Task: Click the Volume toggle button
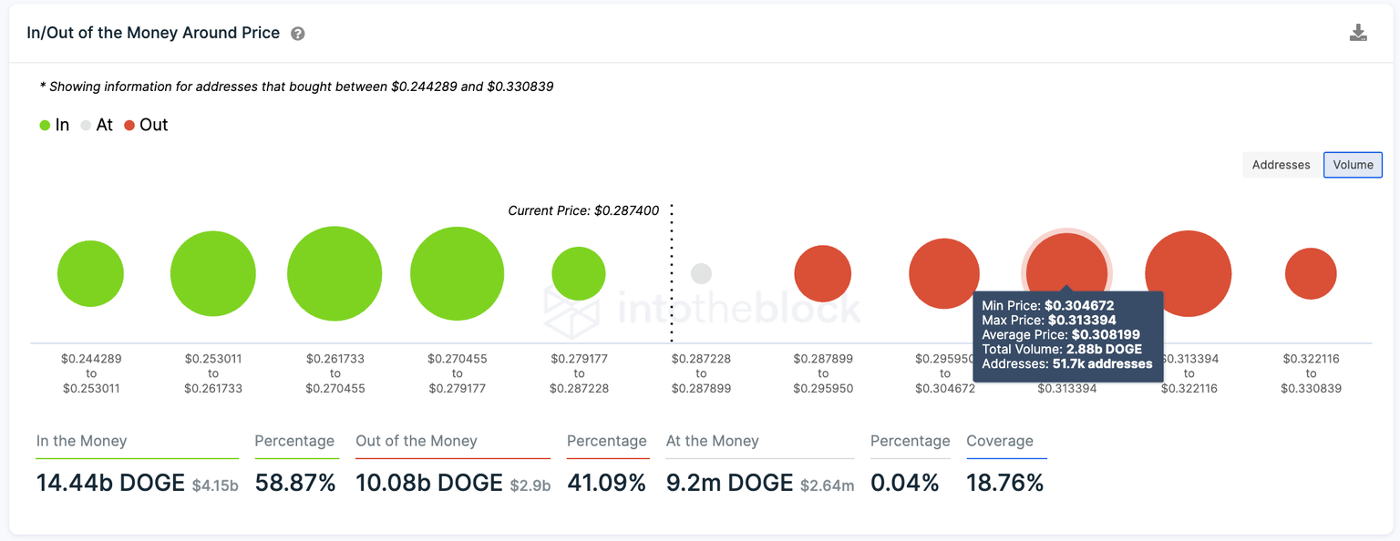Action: tap(1353, 165)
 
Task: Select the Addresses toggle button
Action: tap(1281, 165)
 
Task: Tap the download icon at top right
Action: tap(1358, 34)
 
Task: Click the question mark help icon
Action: tap(298, 34)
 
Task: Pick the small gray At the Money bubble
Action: tap(701, 273)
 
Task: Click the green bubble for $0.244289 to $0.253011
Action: tap(90, 273)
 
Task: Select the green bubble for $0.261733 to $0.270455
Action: tap(335, 273)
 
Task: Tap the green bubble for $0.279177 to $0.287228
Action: tap(579, 273)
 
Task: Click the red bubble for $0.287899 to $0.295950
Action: tap(823, 273)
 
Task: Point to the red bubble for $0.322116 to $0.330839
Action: tap(1311, 273)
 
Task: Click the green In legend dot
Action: tap(45, 126)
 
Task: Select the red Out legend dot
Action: tap(129, 126)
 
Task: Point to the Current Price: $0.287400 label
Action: tap(583, 210)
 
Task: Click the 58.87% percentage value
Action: tap(295, 483)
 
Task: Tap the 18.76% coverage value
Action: tap(1005, 483)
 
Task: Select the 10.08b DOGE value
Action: tap(429, 483)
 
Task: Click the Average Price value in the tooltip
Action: tap(1106, 334)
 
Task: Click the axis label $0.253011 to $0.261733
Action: tap(213, 373)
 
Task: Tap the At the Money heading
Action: tap(712, 441)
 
